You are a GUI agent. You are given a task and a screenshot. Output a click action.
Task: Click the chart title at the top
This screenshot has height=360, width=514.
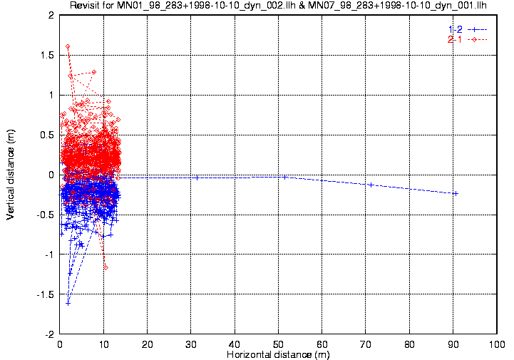pos(278,5)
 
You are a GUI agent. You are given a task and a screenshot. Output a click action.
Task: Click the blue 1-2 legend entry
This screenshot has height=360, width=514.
pos(468,29)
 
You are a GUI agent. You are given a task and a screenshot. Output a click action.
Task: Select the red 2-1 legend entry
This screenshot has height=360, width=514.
pos(468,40)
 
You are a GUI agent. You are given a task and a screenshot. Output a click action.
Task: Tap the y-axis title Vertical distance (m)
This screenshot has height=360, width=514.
pos(11,175)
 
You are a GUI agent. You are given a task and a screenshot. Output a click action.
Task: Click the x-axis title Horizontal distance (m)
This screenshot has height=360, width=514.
pos(278,354)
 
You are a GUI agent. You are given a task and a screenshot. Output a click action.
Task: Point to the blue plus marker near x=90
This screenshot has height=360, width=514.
pos(456,194)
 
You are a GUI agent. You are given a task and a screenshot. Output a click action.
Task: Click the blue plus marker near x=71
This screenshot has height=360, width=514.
pos(371,185)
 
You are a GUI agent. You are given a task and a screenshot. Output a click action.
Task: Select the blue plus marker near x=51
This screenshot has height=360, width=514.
pos(285,177)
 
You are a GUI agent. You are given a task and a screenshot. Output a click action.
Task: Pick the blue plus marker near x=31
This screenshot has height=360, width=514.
pos(197,178)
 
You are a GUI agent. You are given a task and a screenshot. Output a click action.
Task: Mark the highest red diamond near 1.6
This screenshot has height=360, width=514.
pos(68,46)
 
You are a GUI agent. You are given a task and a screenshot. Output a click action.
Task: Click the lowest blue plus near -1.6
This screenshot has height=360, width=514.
pos(68,304)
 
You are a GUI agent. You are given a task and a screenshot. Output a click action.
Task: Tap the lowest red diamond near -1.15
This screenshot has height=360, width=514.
pos(106,268)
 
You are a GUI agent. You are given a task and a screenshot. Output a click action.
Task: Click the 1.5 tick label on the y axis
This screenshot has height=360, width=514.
pos(47,55)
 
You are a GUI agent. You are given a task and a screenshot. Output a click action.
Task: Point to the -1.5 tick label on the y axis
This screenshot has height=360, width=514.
pos(45,294)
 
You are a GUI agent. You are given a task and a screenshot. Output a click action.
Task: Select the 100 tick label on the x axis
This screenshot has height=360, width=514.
pos(497,344)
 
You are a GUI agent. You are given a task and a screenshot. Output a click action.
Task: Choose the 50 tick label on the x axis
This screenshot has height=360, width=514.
pos(278,344)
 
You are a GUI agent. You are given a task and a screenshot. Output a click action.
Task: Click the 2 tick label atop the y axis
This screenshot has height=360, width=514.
pos(51,16)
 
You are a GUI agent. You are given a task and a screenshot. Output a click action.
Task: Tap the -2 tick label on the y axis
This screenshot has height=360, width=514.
pos(49,334)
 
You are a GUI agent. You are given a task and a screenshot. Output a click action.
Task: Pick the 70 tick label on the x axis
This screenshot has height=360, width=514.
pos(366,344)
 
